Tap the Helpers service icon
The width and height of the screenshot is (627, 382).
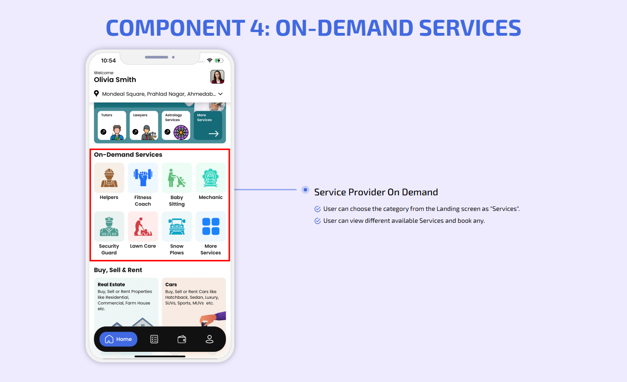pos(109,178)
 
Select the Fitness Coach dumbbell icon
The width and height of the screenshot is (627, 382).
pos(143,178)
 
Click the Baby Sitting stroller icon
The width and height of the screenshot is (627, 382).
pos(177,178)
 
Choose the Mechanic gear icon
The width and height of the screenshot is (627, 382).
pos(211,178)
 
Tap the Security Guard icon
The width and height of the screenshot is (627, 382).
pos(109,226)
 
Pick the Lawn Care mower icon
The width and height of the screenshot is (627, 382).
pos(143,226)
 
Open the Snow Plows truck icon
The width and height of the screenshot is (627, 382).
pos(177,226)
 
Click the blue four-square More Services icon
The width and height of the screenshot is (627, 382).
pos(211,226)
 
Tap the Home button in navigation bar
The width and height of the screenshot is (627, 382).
pos(118,339)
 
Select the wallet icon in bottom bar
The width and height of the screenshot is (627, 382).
pos(182,339)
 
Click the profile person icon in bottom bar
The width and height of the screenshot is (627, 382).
pos(209,339)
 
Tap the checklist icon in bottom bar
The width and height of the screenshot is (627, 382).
pos(154,339)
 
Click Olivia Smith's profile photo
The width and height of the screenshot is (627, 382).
pos(217,77)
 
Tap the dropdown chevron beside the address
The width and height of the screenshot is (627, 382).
pos(221,94)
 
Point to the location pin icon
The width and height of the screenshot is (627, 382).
pos(96,93)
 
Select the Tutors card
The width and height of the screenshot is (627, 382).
pos(112,125)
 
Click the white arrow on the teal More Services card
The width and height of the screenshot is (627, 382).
pos(214,134)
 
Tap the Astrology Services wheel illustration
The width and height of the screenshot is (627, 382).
pos(181,132)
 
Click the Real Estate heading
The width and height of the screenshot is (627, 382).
pos(111,285)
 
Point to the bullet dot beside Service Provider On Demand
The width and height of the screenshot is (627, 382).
pos(305,190)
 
